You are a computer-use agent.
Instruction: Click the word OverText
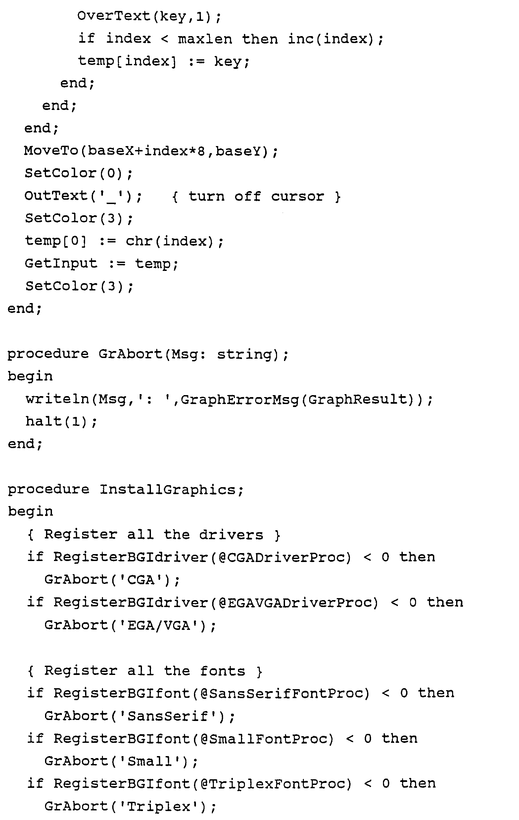(x=114, y=16)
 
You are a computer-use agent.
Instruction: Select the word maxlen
(x=205, y=39)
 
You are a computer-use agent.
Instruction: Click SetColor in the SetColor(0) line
(x=61, y=173)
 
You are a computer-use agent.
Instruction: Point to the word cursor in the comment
(x=297, y=196)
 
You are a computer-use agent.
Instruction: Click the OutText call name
(x=56, y=196)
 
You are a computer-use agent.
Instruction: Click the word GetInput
(x=61, y=263)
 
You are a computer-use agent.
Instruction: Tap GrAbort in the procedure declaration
(x=130, y=354)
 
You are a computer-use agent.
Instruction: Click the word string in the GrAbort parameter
(x=245, y=354)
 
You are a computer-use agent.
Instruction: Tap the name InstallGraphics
(x=167, y=490)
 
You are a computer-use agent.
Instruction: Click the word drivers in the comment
(x=231, y=535)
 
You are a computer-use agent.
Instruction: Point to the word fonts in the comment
(x=222, y=671)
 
